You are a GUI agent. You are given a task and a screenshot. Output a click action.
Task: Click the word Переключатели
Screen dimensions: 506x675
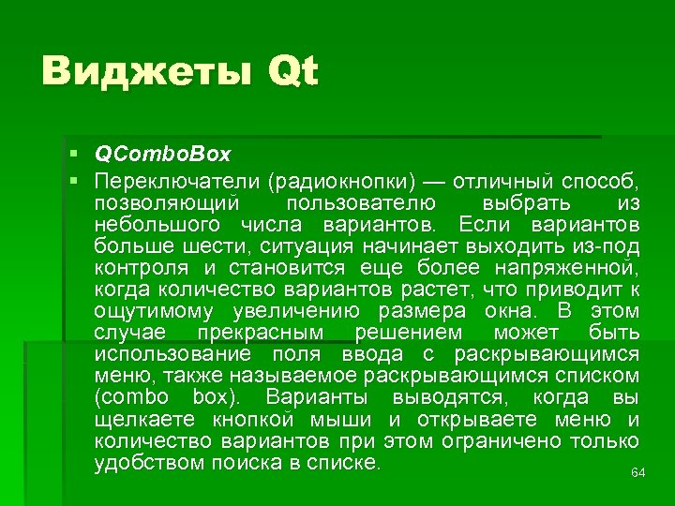pyautogui.click(x=175, y=179)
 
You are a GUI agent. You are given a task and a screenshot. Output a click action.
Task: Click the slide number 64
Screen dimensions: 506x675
pyautogui.click(x=637, y=473)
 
